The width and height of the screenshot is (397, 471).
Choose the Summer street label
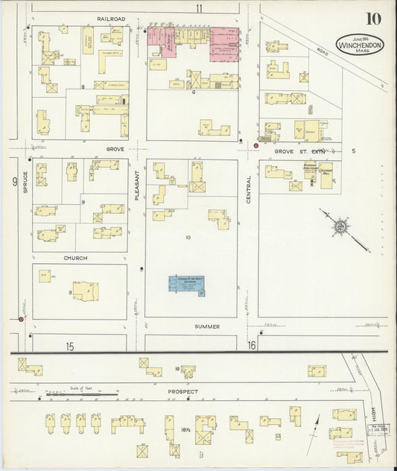tap(208, 326)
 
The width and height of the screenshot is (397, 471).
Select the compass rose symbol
tap(340, 224)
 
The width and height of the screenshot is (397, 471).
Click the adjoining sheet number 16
tap(252, 345)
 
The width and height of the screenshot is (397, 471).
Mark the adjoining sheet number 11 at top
tap(199, 8)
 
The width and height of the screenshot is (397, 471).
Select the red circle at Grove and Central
tap(256, 145)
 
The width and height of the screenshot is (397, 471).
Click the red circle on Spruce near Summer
tap(22, 319)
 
